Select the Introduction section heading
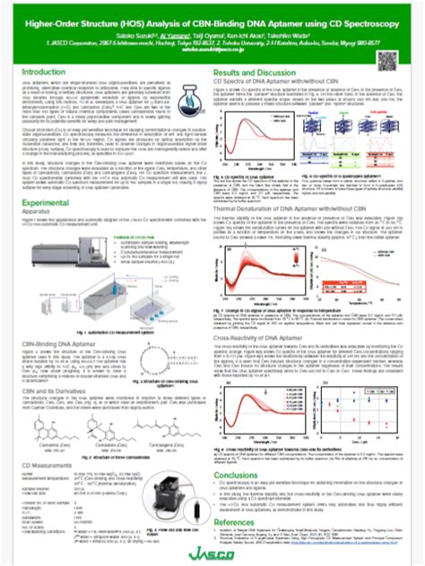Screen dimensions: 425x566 47,70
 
